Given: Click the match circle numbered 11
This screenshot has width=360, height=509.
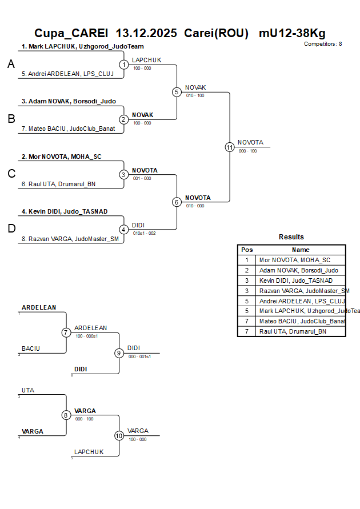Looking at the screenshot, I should pyautogui.click(x=230, y=147).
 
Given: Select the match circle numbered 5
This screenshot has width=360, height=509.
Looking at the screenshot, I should pyautogui.click(x=177, y=92).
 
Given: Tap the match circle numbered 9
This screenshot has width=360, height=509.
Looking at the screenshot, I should pyautogui.click(x=119, y=353).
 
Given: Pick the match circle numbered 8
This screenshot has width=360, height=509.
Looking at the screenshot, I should pyautogui.click(x=66, y=415).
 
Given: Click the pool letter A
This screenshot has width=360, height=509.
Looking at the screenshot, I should pyautogui.click(x=11, y=65).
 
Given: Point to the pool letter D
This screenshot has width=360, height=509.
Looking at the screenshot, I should pyautogui.click(x=11, y=229).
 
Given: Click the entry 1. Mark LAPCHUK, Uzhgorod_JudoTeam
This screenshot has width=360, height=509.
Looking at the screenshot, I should pyautogui.click(x=82, y=47).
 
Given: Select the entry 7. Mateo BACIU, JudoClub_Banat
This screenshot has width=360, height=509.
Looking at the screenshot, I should pyautogui.click(x=72, y=129).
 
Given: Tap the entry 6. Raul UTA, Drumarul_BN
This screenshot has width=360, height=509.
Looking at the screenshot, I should pyautogui.click(x=62, y=184).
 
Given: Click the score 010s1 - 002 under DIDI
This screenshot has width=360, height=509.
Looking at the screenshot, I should pyautogui.click(x=143, y=233).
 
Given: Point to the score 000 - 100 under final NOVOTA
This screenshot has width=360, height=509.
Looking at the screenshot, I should pyautogui.click(x=247, y=151).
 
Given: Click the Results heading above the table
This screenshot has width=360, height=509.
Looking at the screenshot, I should pyautogui.click(x=291, y=237).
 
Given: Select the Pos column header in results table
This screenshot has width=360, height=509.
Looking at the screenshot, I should pyautogui.click(x=247, y=250).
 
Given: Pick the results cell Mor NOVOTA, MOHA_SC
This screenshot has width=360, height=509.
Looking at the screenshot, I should pyautogui.click(x=294, y=260).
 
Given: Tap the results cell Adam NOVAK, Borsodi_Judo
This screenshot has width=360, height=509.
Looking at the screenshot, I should pyautogui.click(x=298, y=270).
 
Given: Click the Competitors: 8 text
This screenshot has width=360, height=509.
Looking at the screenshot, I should pyautogui.click(x=323, y=44).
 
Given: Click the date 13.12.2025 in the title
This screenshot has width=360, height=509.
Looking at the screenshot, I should pyautogui.click(x=147, y=33).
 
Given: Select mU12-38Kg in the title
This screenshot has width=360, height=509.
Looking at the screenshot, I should pyautogui.click(x=292, y=33).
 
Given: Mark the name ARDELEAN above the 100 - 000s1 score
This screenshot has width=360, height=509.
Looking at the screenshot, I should pyautogui.click(x=91, y=328).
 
